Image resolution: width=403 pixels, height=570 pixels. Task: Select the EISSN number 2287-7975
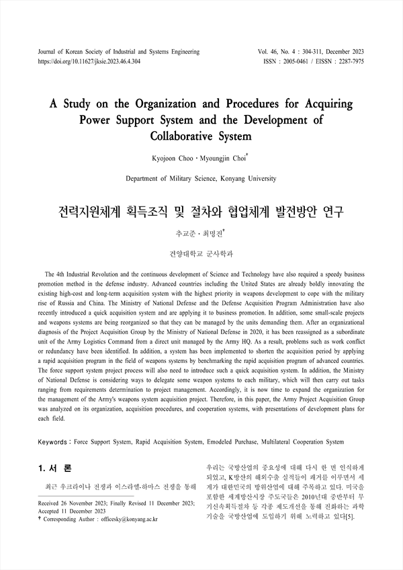349,60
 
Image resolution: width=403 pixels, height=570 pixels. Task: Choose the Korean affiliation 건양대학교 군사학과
201,254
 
